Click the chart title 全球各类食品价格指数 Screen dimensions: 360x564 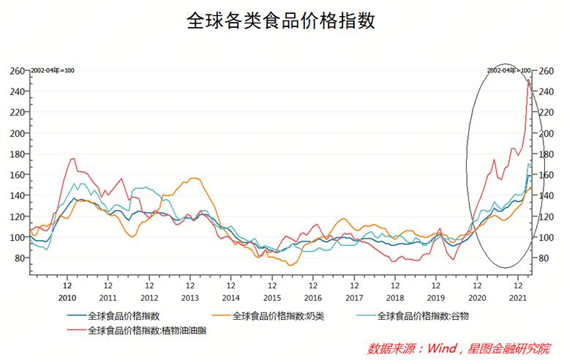pos(282,20)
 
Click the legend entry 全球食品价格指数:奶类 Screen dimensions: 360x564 pos(278,316)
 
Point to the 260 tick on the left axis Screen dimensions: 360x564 pos(17,71)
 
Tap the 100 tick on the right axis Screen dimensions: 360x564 pos(546,238)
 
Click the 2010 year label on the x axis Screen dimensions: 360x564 pos(67,299)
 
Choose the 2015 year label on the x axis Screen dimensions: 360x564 pos(271,299)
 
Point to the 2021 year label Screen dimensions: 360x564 pos(518,299)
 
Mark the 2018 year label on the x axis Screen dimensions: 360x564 pos(395,299)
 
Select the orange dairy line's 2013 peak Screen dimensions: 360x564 pos(193,178)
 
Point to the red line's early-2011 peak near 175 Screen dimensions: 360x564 pos(72,159)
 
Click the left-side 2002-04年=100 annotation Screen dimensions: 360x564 pos(53,70)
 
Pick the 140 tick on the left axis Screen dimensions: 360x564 pos(17,196)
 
